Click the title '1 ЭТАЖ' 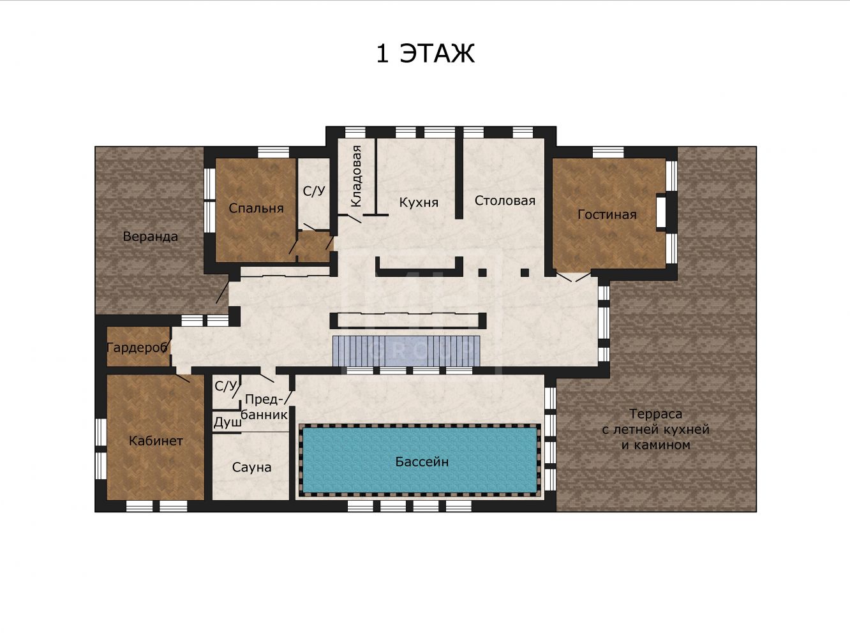click(x=425, y=54)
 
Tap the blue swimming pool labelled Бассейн click(x=420, y=460)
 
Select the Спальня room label click(x=256, y=208)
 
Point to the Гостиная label click(x=607, y=214)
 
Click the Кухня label click(x=419, y=202)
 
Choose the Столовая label click(x=505, y=200)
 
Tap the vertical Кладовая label click(x=356, y=176)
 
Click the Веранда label click(x=150, y=237)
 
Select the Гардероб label click(x=137, y=348)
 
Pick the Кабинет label click(x=156, y=441)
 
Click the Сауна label click(x=251, y=467)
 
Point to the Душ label click(x=227, y=422)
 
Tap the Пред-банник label click(x=264, y=406)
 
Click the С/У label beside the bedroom click(x=314, y=191)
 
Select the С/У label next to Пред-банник click(x=225, y=385)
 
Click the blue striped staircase click(x=406, y=351)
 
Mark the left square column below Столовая click(x=482, y=272)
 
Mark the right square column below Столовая click(x=525, y=272)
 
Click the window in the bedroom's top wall click(x=273, y=152)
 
